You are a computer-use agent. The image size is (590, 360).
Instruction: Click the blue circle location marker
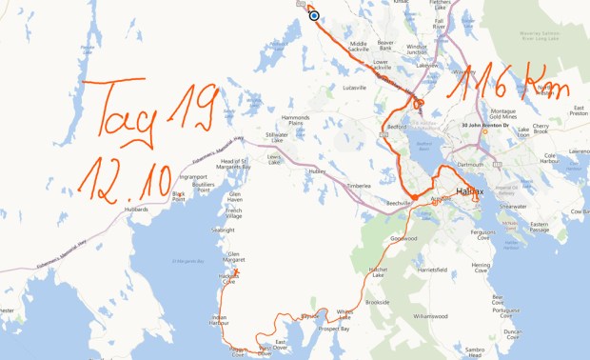point(313,15)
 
